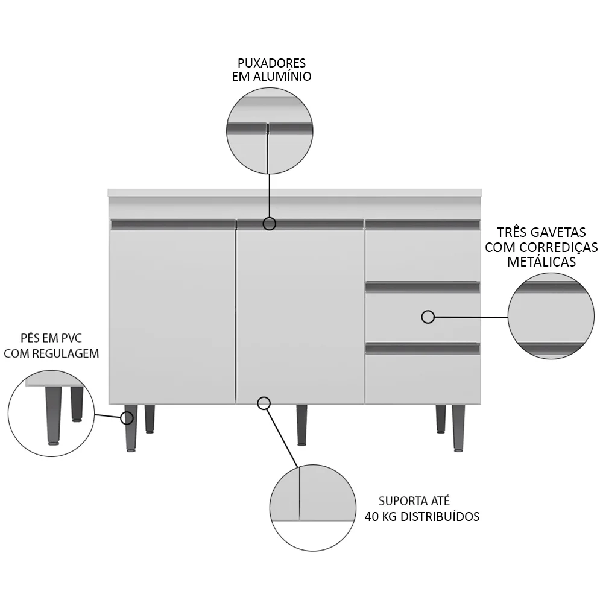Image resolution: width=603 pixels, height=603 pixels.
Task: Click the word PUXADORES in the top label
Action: pyautogui.click(x=271, y=63)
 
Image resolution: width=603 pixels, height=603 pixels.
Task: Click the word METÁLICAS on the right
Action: pyautogui.click(x=541, y=262)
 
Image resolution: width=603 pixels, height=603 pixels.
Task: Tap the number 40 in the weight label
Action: pyautogui.click(x=372, y=517)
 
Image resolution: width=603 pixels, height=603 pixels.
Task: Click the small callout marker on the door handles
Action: pyautogui.click(x=270, y=224)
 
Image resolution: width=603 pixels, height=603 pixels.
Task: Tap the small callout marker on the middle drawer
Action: pyautogui.click(x=428, y=317)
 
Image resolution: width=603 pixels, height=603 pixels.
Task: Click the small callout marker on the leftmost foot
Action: pyautogui.click(x=127, y=418)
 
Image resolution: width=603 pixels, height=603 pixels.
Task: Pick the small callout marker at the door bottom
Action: pyautogui.click(x=264, y=403)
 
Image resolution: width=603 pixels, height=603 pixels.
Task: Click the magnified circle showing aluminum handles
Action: pyautogui.click(x=270, y=131)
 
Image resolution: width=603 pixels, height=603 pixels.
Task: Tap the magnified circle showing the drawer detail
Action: pyautogui.click(x=551, y=317)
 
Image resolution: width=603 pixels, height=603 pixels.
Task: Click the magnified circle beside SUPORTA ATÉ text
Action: pyautogui.click(x=312, y=508)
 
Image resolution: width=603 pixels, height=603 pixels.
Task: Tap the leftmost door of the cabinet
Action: pyautogui.click(x=171, y=314)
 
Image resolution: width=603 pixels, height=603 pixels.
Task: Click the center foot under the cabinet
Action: pyautogui.click(x=301, y=425)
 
